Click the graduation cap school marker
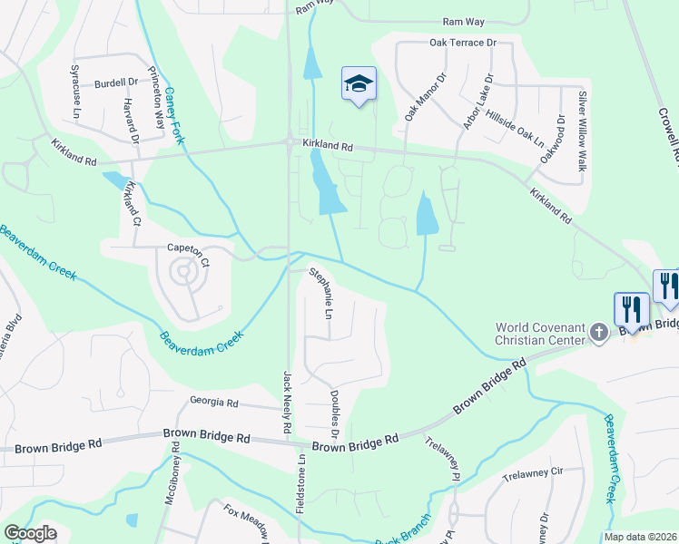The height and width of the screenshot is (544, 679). pos(359,84)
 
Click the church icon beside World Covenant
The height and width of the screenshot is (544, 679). pos(598,333)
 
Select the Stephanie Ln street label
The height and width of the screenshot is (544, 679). pos(321,292)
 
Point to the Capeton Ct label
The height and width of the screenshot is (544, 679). pos(188,247)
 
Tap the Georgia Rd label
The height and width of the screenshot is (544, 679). pos(214,402)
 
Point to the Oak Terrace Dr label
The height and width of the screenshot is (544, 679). pos(464,43)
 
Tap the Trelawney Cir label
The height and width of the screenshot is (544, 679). pos(534,472)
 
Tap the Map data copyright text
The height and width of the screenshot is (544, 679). pos(641,537)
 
